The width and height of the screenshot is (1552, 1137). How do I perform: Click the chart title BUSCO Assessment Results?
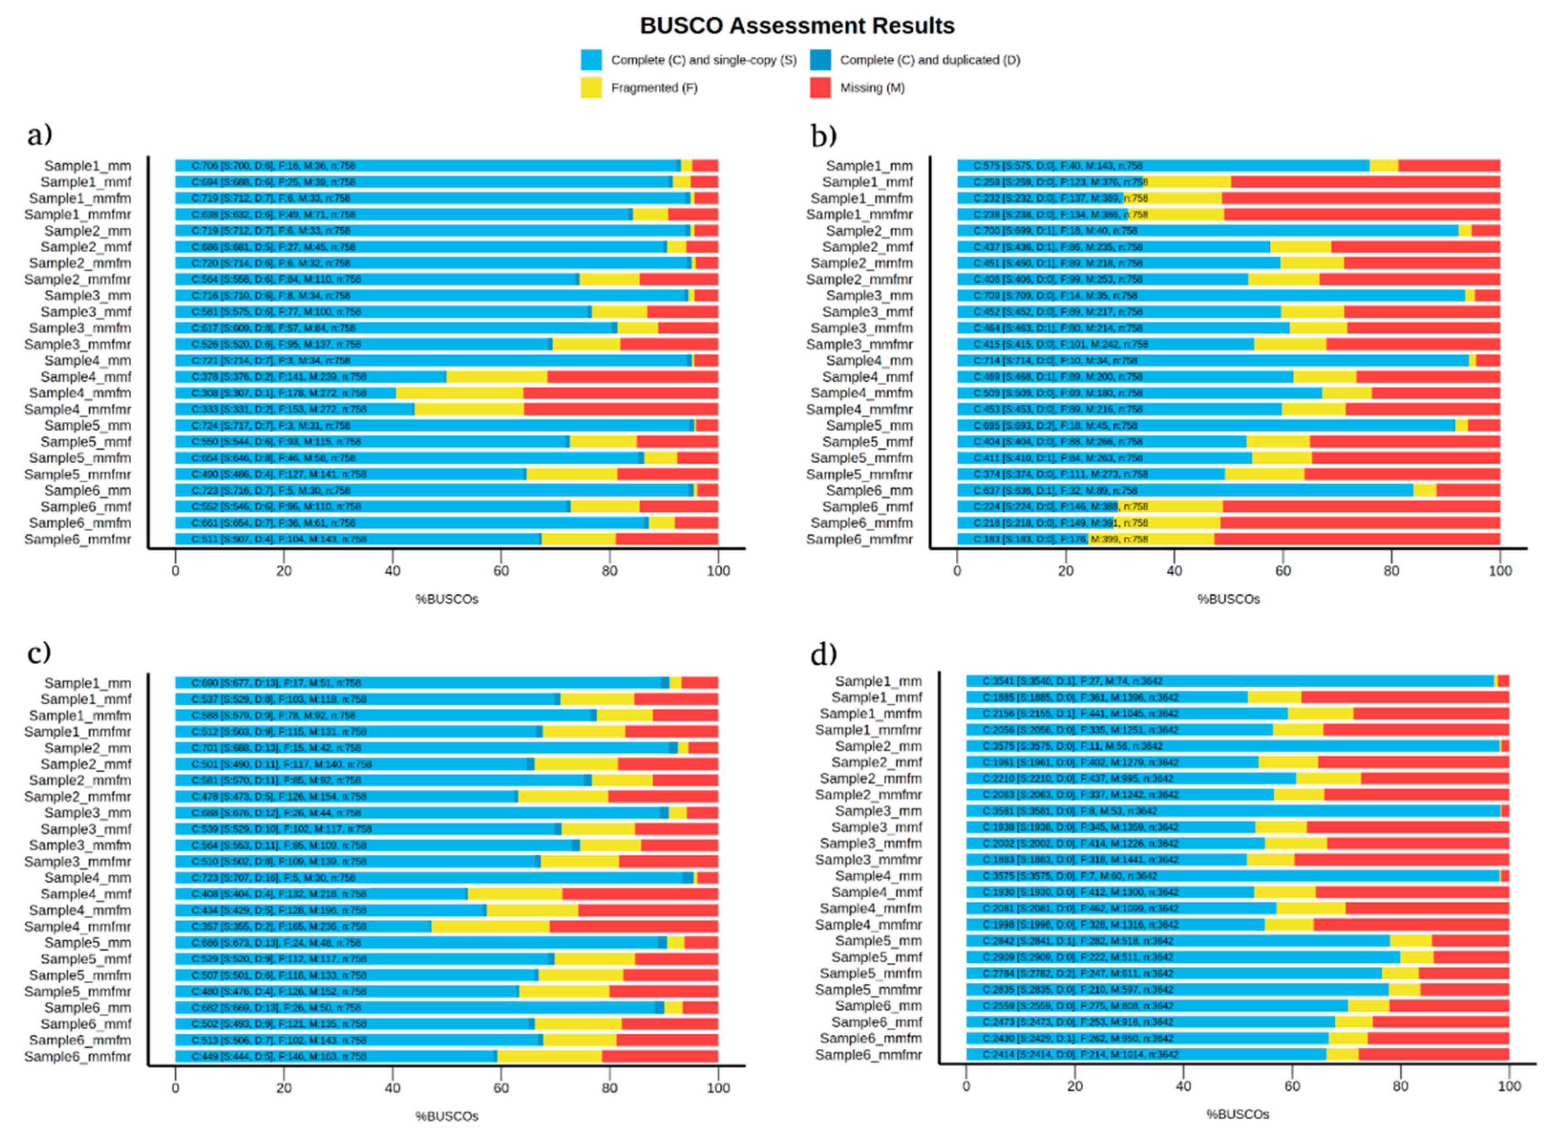point(797,25)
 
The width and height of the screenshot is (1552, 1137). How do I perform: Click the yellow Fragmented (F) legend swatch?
point(591,87)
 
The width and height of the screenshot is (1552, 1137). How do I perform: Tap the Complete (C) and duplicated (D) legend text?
point(929,60)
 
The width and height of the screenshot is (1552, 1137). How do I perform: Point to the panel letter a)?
point(39,134)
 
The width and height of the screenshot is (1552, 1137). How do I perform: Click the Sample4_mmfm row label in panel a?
point(80,393)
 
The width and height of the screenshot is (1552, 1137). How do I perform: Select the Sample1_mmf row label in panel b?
point(867,181)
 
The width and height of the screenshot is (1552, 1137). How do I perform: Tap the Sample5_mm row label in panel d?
point(878,941)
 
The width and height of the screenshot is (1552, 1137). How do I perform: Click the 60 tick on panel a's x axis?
point(501,571)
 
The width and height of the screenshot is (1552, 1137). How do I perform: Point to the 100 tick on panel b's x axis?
point(1499,571)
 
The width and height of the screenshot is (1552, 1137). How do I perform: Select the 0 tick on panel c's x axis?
point(175,1088)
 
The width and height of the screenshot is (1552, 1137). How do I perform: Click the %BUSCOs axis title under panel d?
point(1237,1114)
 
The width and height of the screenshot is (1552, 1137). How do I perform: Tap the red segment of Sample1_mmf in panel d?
point(1404,697)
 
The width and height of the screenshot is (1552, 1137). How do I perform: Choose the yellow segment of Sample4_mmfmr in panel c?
point(490,926)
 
